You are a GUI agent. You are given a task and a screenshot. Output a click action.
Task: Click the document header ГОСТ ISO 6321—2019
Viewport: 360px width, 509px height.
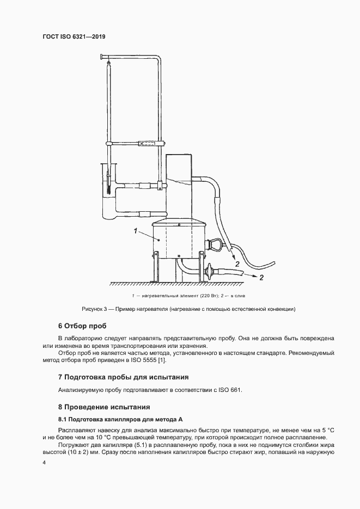[x=74, y=36]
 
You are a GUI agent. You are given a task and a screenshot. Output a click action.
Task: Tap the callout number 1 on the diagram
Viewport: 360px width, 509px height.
[x=135, y=231]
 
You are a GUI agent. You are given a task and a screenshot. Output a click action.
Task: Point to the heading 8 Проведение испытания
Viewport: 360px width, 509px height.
[x=103, y=407]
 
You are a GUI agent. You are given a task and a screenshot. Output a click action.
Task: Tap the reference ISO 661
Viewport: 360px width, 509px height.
[x=230, y=390]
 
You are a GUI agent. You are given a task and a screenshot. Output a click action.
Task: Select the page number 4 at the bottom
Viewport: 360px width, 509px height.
[x=45, y=463]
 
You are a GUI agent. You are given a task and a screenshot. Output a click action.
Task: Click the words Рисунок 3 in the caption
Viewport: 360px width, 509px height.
[x=94, y=309]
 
